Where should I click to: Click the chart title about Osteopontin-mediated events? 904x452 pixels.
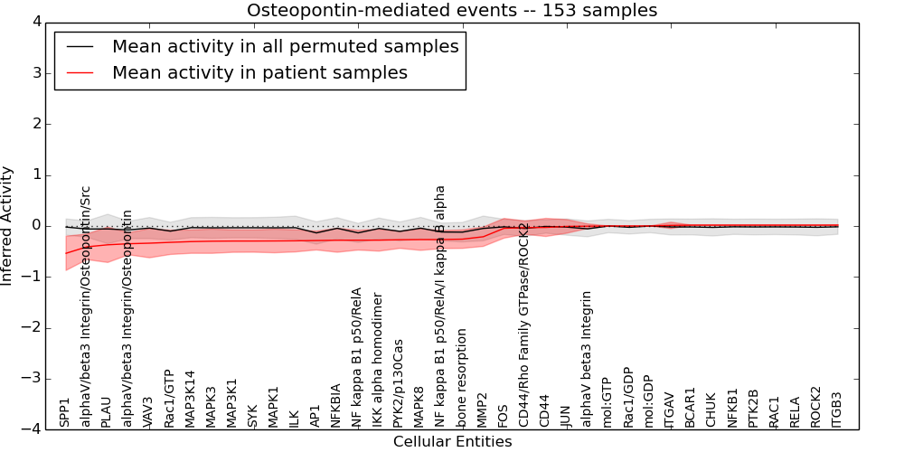(452, 11)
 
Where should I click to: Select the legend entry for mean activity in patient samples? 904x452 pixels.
(259, 72)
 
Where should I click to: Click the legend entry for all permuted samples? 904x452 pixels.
(285, 46)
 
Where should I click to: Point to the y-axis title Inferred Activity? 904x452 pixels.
(8, 226)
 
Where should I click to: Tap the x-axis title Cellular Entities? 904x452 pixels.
(452, 442)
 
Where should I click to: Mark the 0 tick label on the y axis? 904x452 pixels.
(35, 226)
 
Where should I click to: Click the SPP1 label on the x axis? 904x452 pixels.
(65, 412)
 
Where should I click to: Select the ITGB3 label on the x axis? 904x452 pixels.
(837, 410)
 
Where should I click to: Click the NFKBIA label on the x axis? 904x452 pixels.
(336, 406)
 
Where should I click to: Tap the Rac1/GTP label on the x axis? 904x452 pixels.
(169, 399)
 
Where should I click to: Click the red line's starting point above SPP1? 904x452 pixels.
(66, 253)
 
